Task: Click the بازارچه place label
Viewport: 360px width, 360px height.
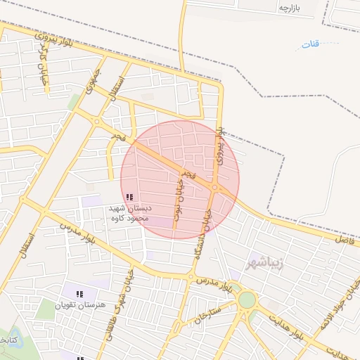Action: [290, 8]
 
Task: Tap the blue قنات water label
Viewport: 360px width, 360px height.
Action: [310, 44]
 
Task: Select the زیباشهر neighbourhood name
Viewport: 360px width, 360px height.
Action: [264, 264]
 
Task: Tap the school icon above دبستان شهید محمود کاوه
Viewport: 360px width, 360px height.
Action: [129, 198]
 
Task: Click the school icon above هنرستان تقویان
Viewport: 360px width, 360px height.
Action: [79, 293]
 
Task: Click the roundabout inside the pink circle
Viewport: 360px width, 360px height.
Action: [215, 188]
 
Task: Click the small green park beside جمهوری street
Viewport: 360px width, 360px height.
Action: [73, 103]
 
